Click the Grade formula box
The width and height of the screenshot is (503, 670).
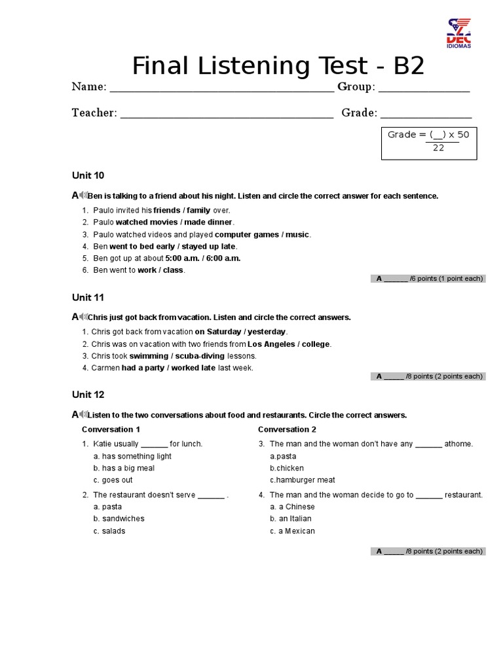(429, 142)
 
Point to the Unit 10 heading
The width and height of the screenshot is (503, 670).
(88, 175)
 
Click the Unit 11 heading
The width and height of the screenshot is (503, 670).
(88, 297)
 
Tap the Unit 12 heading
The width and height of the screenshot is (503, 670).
(88, 395)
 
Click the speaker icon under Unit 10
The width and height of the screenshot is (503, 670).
(83, 195)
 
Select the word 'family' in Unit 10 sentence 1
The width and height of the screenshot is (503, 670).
(199, 211)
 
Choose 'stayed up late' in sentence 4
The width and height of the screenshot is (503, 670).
(208, 246)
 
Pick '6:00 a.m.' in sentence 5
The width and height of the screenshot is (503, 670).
(224, 258)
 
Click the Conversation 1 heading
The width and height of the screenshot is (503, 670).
(111, 429)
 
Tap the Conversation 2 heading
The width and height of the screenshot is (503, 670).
(287, 429)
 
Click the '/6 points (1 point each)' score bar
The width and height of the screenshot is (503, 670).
(428, 279)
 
